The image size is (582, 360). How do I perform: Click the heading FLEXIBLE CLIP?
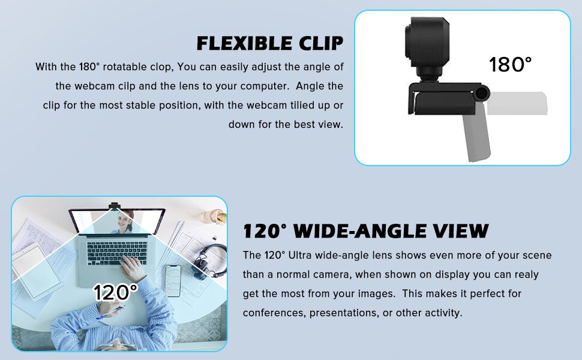(270, 43)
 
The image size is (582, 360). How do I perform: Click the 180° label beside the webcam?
(510, 64)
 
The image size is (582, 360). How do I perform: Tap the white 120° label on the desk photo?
(115, 292)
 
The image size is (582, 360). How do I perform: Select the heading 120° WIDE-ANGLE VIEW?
(365, 231)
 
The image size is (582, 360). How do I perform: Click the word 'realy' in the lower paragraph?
(526, 274)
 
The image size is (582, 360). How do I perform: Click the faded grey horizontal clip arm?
(517, 103)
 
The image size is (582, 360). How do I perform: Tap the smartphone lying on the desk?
(173, 280)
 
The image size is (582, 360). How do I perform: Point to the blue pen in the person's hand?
(111, 312)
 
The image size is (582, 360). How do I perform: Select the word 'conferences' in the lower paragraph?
(270, 313)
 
